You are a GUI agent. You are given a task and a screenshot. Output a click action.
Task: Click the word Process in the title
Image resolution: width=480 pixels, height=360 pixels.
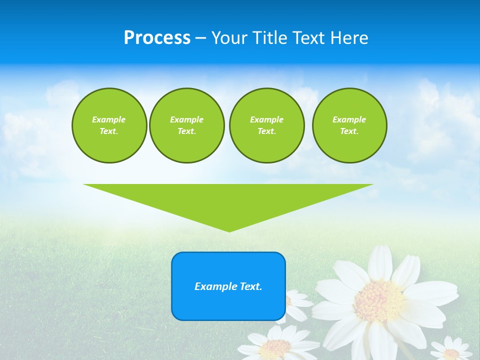(x=157, y=38)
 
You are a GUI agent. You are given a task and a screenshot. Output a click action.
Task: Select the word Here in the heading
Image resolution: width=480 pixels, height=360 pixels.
(x=349, y=38)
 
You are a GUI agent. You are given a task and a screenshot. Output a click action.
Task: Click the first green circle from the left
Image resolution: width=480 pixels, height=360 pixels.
(x=109, y=125)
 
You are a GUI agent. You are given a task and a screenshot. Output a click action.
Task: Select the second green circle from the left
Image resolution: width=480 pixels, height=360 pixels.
(x=187, y=125)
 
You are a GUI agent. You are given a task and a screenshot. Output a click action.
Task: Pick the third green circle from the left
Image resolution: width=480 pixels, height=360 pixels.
(x=267, y=125)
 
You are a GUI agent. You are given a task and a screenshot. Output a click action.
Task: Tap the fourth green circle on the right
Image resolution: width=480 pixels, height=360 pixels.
(x=349, y=125)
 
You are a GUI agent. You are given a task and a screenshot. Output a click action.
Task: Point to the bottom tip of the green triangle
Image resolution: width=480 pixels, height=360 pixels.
(x=229, y=231)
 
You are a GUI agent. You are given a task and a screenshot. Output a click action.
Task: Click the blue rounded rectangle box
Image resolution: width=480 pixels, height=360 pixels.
(x=228, y=286)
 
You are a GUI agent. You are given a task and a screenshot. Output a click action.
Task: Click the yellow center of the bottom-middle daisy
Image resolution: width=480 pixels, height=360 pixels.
(x=275, y=347)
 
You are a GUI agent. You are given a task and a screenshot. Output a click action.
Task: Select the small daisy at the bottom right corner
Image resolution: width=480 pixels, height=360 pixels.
(x=451, y=351)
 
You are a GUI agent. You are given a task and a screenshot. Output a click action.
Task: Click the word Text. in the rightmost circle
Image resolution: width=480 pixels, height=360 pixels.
(x=349, y=131)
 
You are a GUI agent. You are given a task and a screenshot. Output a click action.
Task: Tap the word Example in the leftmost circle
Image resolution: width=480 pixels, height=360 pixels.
(x=109, y=119)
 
